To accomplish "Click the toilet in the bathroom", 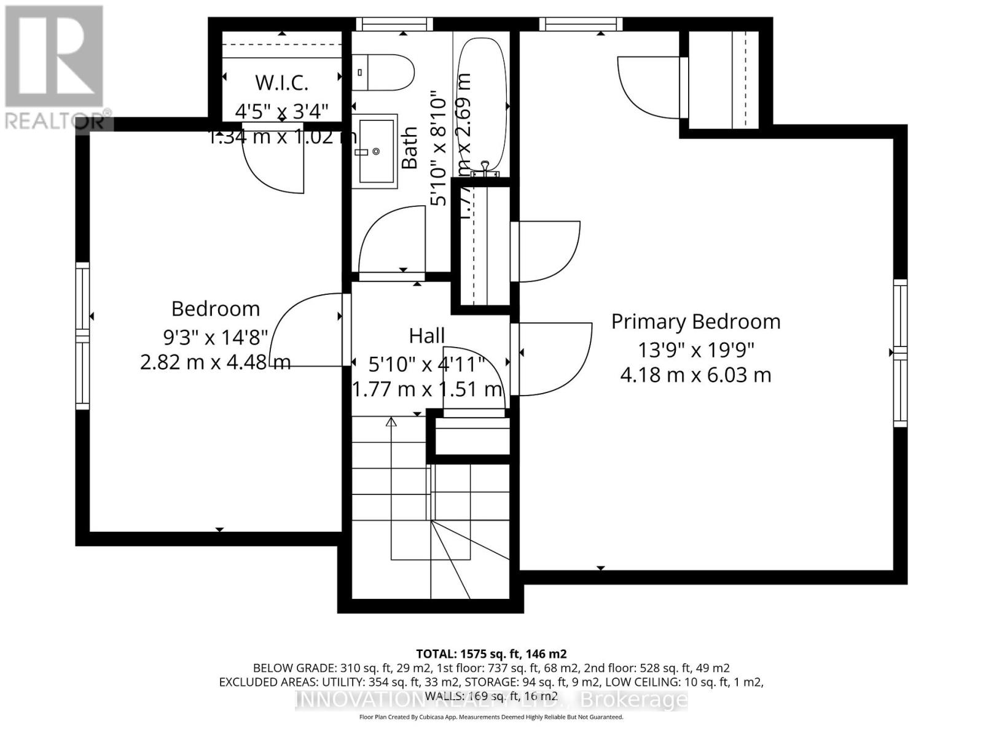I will (x=382, y=72).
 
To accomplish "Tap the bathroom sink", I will (x=377, y=151).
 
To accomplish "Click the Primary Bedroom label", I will (x=695, y=322).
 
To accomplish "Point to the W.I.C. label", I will (x=281, y=82).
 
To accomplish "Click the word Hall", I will (x=427, y=336).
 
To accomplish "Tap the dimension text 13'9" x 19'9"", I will (x=695, y=349).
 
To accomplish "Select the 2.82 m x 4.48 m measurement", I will (x=216, y=362).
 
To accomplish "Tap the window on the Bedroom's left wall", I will (x=82, y=335).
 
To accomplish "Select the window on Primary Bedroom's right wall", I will (x=900, y=353).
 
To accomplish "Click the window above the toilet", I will (x=394, y=24).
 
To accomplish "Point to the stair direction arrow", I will (x=391, y=423).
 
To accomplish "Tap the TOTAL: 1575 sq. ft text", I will (x=491, y=654).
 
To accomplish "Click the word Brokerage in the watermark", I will (x=634, y=700).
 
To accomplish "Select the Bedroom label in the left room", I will (x=216, y=308).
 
